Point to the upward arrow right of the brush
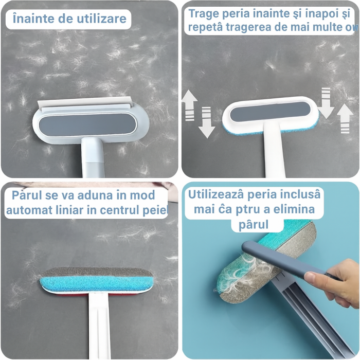(x=345, y=118)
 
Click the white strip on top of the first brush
(x=82, y=107)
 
